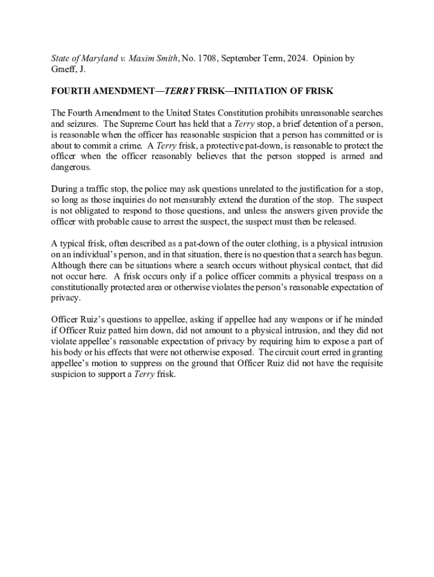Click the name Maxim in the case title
[143, 58]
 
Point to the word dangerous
[70, 167]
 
